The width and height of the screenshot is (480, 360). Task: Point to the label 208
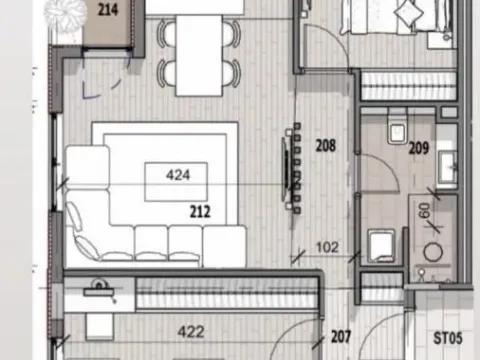(x=324, y=145)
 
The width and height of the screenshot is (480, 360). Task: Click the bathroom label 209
(x=418, y=149)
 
